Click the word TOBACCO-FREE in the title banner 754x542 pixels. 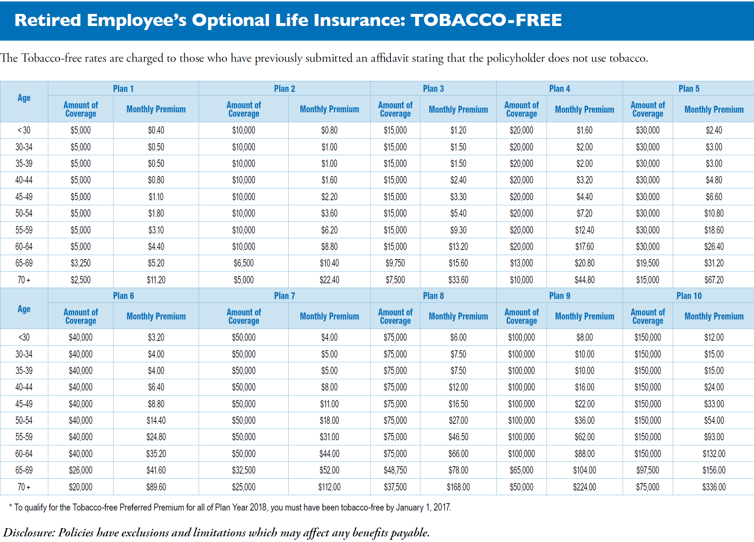486,20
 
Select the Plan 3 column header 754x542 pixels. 433,89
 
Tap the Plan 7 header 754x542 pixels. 284,296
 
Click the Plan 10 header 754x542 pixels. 689,296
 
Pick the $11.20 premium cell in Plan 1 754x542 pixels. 156,280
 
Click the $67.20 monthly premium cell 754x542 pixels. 714,280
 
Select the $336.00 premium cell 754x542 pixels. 714,487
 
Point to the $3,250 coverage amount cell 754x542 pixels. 80,263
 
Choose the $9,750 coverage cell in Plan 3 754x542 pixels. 395,263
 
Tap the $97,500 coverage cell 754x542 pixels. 648,470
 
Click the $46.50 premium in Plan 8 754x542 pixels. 458,437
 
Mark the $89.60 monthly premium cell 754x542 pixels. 156,487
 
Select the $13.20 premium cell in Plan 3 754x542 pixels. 458,247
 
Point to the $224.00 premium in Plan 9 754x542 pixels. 584,487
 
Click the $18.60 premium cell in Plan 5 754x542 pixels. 714,230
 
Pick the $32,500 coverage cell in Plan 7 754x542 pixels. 244,470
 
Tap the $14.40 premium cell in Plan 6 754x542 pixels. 156,420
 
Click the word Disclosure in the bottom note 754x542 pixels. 29,532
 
